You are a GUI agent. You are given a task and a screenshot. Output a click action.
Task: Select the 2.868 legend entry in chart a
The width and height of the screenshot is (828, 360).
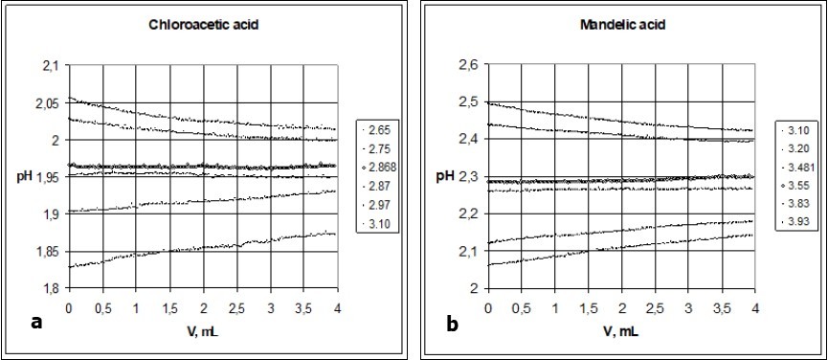pyautogui.click(x=383, y=167)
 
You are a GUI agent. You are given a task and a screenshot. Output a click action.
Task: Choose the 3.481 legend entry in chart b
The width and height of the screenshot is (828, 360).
pyautogui.click(x=800, y=167)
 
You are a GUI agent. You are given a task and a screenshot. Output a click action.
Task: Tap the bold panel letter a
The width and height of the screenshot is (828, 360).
pyautogui.click(x=35, y=324)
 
